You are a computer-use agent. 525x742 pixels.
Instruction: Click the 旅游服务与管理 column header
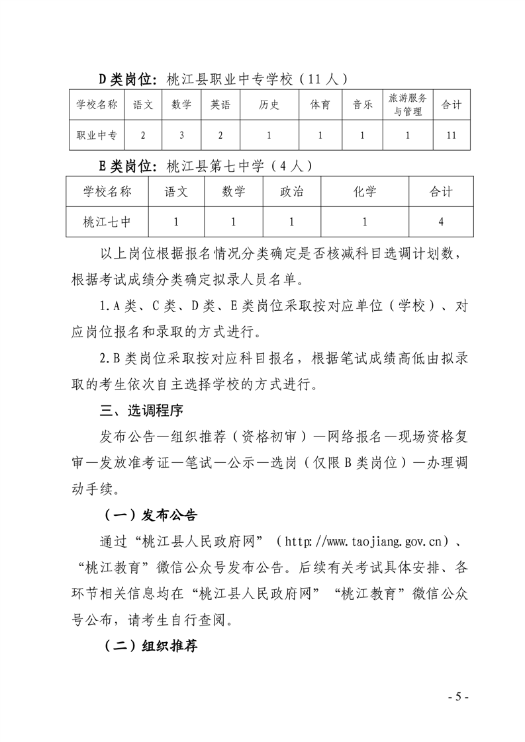click(x=407, y=104)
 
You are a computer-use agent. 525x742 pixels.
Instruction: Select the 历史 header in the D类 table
click(x=269, y=104)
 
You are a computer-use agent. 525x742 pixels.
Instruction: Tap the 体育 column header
click(x=320, y=104)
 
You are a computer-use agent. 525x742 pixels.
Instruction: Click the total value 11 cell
click(x=452, y=136)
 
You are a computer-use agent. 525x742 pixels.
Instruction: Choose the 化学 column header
click(x=365, y=192)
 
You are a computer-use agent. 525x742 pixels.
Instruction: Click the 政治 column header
click(x=291, y=192)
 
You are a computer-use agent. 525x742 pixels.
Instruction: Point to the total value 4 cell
click(x=440, y=222)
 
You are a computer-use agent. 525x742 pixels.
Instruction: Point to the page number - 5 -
click(x=458, y=697)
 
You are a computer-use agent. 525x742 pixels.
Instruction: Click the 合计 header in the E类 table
click(x=440, y=192)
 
